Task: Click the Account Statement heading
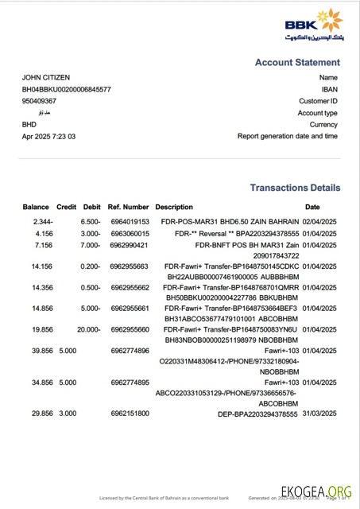point(297,62)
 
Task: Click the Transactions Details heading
point(295,188)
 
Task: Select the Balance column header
point(36,207)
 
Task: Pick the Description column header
point(174,207)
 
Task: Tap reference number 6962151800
point(130,414)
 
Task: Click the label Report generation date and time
point(288,136)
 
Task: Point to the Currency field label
point(324,124)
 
